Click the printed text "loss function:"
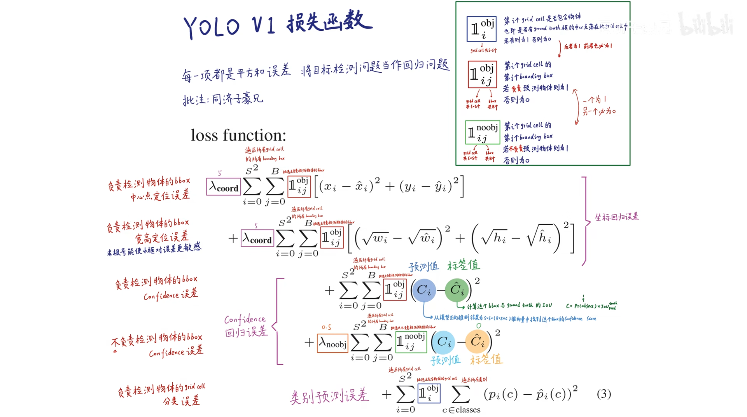(238, 135)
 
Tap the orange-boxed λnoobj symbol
(332, 343)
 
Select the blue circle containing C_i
(424, 290)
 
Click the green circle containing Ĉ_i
(457, 290)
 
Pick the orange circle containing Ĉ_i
(477, 342)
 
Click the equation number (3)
(604, 394)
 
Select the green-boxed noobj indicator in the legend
(483, 132)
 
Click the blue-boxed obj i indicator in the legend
(482, 29)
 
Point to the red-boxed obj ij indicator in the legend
(482, 74)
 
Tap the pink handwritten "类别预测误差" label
(329, 396)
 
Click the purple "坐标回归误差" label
(617, 217)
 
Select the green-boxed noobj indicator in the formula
(411, 342)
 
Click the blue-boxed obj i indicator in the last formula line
(429, 393)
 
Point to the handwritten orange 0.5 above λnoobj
(326, 327)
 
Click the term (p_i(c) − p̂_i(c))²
(530, 394)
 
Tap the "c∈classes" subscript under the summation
(461, 410)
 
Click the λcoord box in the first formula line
(223, 187)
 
